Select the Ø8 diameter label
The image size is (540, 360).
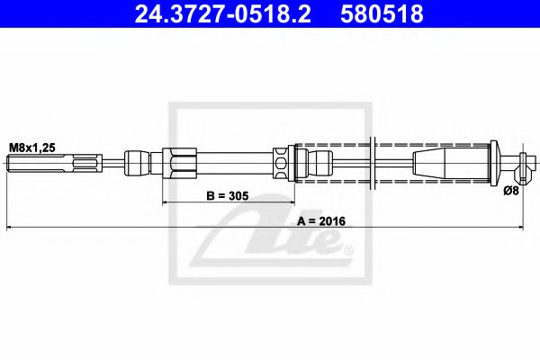(x=510, y=190)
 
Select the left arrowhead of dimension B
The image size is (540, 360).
(x=166, y=203)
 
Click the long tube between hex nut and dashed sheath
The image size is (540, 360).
(x=234, y=165)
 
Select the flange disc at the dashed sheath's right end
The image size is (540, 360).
(x=493, y=165)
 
